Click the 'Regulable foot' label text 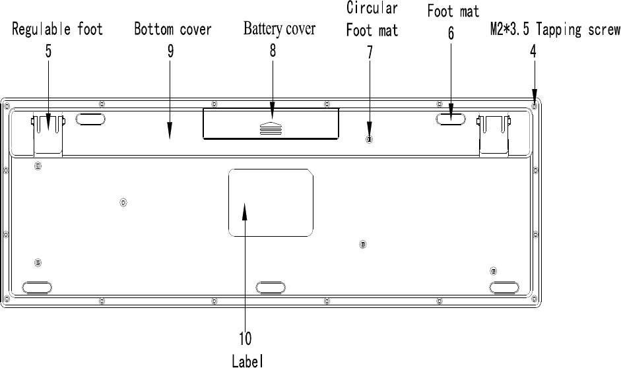tap(59, 30)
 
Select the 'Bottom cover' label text tap(173, 30)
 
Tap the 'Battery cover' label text tap(279, 29)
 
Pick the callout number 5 tap(49, 51)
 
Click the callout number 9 tap(170, 51)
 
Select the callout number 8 tap(273, 51)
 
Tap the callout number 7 tap(370, 52)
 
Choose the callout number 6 tap(451, 34)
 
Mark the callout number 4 tap(533, 51)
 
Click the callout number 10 tap(245, 339)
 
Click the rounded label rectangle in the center tap(271, 202)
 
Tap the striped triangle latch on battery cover tap(272, 128)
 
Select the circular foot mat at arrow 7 tap(369, 140)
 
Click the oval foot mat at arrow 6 tap(451, 119)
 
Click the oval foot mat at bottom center tap(271, 288)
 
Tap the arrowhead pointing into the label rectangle tap(245, 211)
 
